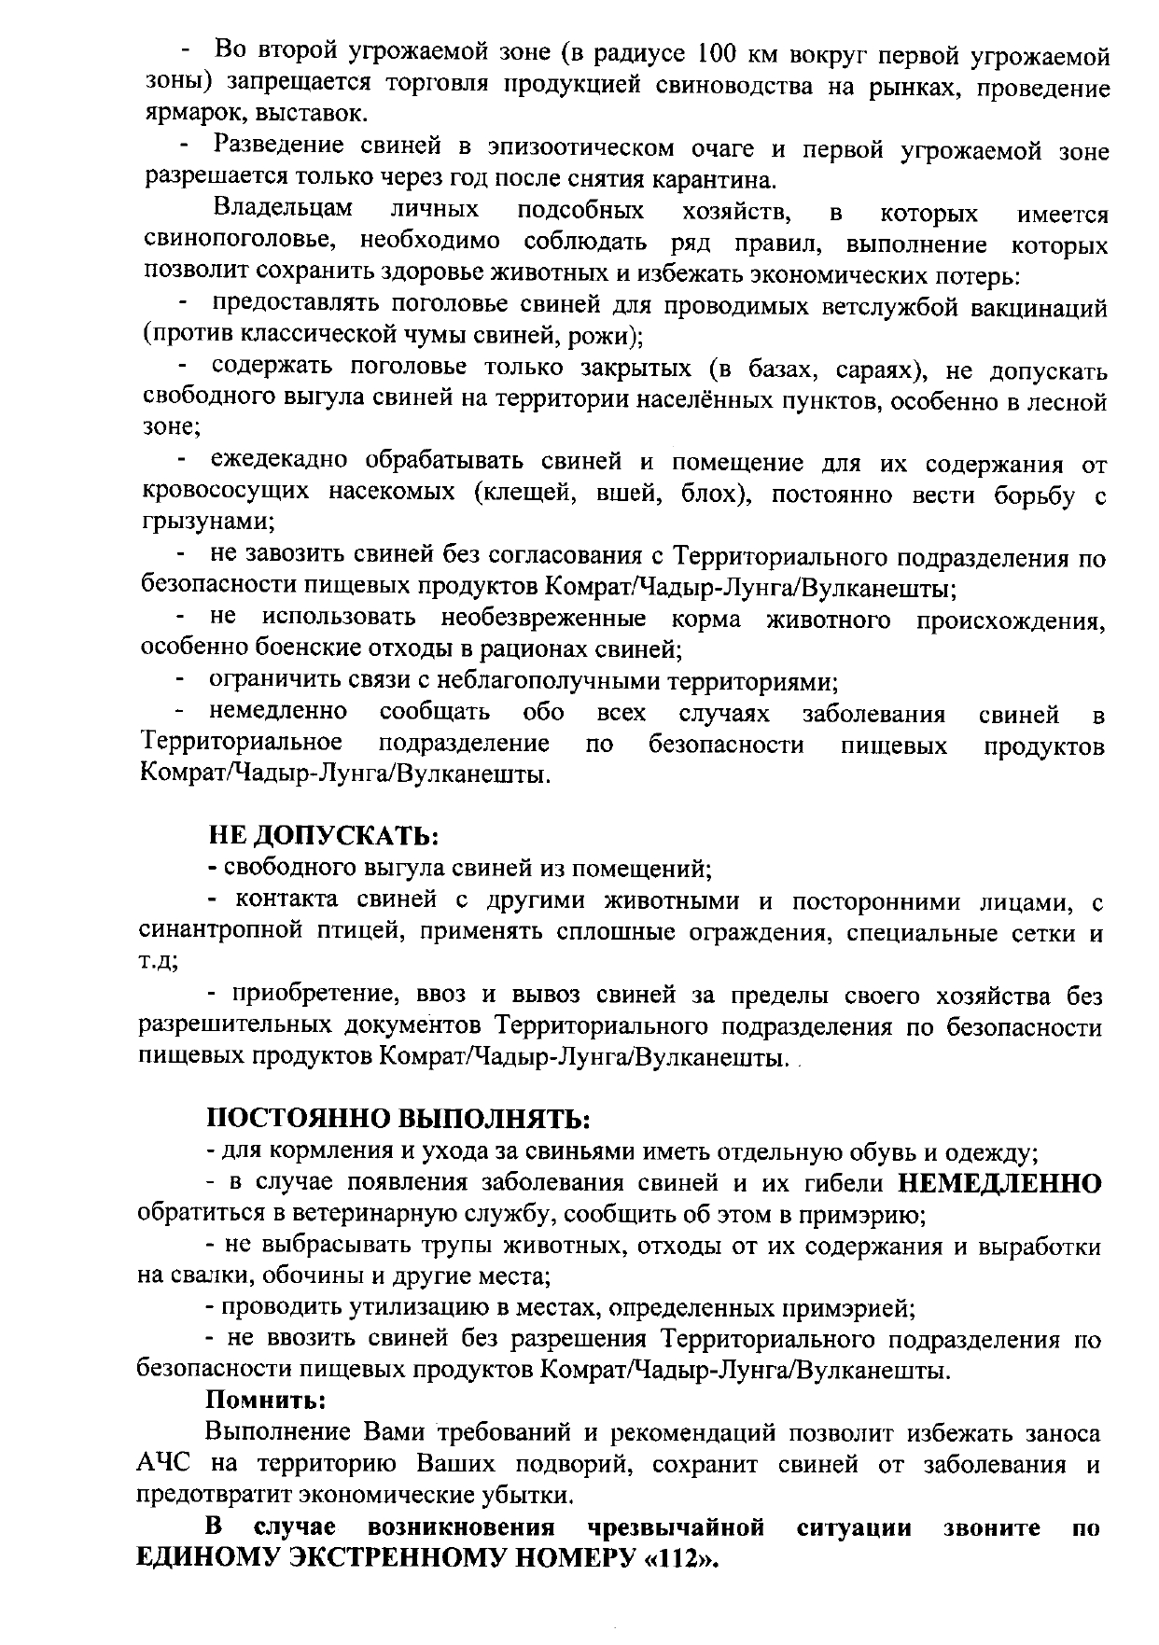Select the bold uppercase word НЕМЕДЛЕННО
(999, 1183)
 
